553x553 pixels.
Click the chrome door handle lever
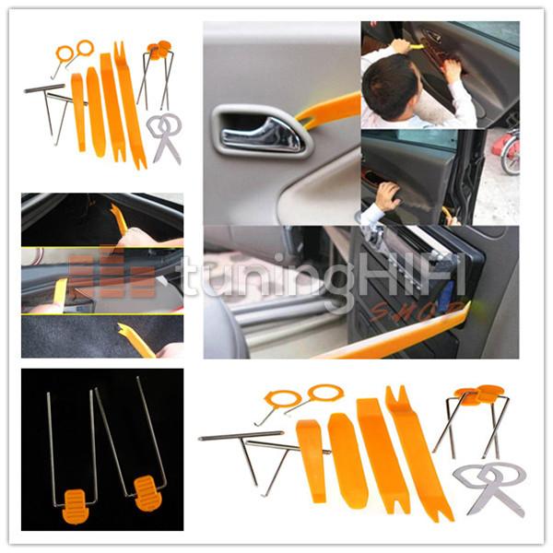pyautogui.click(x=263, y=135)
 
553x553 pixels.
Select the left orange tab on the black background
pyautogui.click(x=75, y=506)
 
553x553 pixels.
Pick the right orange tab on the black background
pyautogui.click(x=147, y=493)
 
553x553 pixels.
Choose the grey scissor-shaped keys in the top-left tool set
pyautogui.click(x=164, y=137)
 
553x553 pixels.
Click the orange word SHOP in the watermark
pyautogui.click(x=417, y=310)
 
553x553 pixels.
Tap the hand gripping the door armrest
pyautogui.click(x=388, y=196)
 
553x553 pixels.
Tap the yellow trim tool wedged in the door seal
pyautogui.click(x=60, y=296)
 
